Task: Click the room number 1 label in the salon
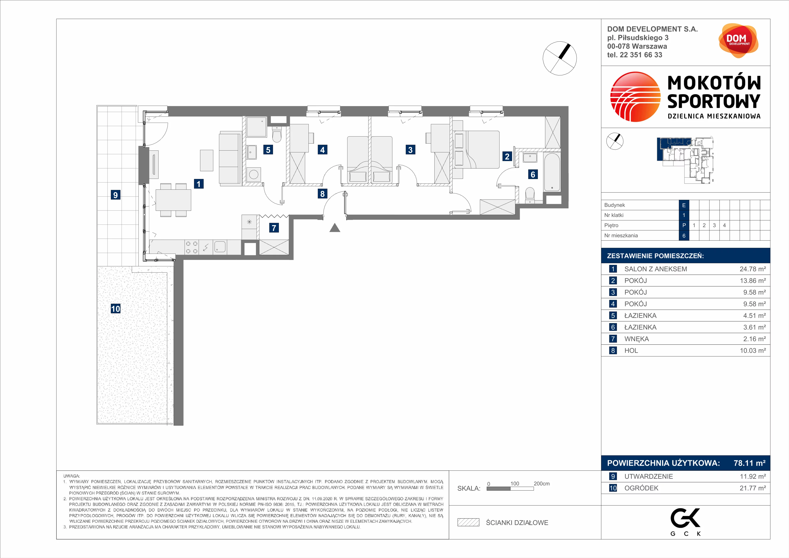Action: coord(199,184)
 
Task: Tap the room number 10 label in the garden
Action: coord(115,309)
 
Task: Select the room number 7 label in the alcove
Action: coord(274,228)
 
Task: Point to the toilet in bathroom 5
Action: coord(277,135)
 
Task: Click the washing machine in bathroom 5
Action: coord(254,174)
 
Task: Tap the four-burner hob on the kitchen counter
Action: coord(192,247)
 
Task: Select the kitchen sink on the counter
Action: coord(220,247)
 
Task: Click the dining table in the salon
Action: coord(174,200)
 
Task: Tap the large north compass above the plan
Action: coord(559,58)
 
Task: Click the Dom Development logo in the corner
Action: coord(738,40)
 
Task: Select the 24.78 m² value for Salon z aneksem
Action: coord(753,269)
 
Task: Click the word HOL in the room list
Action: coord(631,350)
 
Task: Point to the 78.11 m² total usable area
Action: coord(750,463)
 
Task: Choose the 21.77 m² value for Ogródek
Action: coord(753,488)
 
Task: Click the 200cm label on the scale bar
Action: coord(542,483)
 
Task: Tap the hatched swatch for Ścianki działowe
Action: coord(468,522)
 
